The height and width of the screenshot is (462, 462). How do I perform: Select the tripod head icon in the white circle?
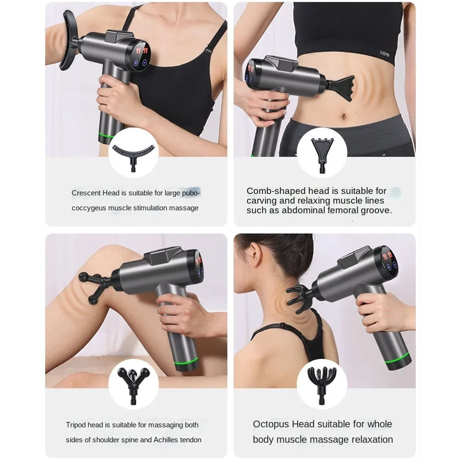click(x=133, y=383)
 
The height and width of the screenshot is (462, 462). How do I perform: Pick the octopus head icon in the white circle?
click(x=322, y=383)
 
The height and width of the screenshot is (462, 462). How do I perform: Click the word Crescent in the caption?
click(x=86, y=193)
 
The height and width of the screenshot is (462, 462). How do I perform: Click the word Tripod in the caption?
click(x=75, y=425)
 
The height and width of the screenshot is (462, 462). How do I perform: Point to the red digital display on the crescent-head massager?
click(x=142, y=51)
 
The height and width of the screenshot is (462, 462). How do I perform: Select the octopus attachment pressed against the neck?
click(x=298, y=298)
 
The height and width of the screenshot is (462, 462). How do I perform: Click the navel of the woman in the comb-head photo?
click(x=344, y=116)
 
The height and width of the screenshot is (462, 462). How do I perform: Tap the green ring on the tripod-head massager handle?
click(x=186, y=361)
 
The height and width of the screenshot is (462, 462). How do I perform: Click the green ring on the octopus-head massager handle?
click(x=398, y=358)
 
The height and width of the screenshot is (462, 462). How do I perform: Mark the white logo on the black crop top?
click(x=384, y=53)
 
